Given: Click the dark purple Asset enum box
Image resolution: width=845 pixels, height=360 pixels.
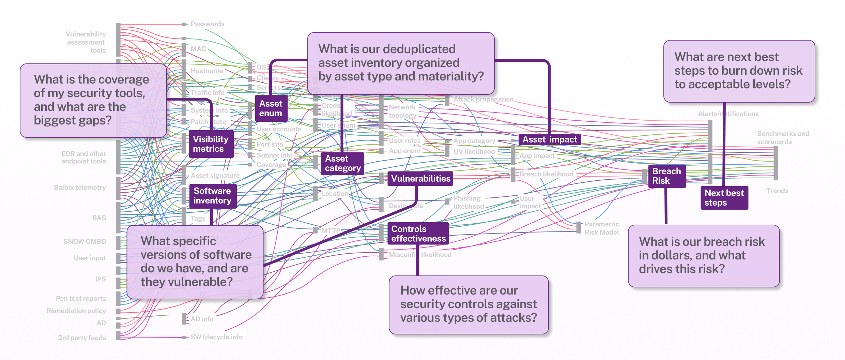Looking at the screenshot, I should click(x=271, y=108).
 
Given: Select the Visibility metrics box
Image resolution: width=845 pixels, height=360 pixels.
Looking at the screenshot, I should click(x=211, y=144).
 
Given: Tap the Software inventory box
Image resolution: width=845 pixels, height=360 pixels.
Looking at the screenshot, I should click(x=212, y=196).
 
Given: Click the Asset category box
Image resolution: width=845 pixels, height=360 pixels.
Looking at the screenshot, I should click(x=342, y=163).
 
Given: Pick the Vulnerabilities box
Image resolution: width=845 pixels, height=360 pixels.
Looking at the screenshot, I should click(x=420, y=179).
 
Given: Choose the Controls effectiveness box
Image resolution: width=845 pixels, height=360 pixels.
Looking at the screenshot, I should click(x=418, y=234).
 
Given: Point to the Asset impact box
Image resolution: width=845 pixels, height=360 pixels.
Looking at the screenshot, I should click(x=549, y=139).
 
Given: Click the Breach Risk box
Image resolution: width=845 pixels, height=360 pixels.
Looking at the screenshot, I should click(x=666, y=176).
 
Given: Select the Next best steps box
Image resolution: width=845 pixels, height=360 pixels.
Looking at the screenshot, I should click(x=724, y=198).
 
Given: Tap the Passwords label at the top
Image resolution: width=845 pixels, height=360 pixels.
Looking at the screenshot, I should click(x=207, y=24).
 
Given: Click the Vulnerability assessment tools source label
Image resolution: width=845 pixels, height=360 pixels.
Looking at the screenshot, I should click(x=86, y=42).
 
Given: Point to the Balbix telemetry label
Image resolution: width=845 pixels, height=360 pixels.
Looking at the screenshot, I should click(x=80, y=187).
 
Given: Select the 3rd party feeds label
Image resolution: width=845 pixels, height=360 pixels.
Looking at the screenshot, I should click(x=82, y=338).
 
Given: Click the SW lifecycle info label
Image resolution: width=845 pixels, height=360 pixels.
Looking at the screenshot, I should click(x=216, y=337).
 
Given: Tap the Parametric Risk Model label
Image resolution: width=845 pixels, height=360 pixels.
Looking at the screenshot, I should click(x=601, y=228).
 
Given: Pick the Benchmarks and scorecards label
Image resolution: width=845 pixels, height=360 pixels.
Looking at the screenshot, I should click(x=782, y=138).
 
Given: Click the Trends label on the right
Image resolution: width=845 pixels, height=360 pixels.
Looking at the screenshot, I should click(x=777, y=191).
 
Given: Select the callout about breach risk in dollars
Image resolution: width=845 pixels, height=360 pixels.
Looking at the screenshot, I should click(x=703, y=256).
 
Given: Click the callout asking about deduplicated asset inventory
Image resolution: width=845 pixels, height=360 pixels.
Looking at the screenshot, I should click(x=401, y=63).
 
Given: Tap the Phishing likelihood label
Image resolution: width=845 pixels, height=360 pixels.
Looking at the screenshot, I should click(x=468, y=202).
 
